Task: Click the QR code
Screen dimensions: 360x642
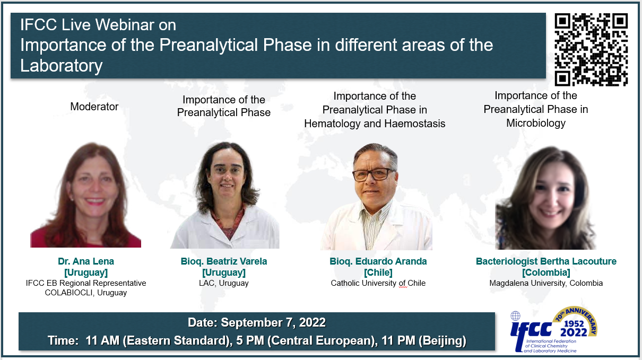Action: [x=591, y=49]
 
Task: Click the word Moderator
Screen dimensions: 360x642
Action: [x=94, y=107]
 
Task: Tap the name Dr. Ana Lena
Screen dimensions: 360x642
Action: [x=86, y=261]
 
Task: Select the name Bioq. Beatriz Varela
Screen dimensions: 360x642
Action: [x=224, y=261]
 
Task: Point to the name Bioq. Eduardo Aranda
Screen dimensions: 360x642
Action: [x=378, y=261]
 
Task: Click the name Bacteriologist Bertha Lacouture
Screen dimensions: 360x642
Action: [x=546, y=261]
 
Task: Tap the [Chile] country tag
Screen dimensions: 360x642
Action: [x=378, y=273]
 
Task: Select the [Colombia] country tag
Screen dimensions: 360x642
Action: [x=546, y=273]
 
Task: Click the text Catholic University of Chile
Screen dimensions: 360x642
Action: [x=378, y=283]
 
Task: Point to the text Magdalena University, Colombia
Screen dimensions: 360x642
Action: [x=546, y=283]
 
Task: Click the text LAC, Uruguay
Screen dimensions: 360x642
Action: [x=224, y=283]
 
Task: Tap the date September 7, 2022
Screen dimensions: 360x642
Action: [x=273, y=322]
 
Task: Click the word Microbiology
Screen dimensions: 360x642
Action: [x=536, y=123]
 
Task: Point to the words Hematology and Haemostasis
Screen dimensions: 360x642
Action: [x=375, y=124]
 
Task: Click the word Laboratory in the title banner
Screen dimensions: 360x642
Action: [x=62, y=66]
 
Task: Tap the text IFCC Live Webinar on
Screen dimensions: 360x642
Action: [x=98, y=25]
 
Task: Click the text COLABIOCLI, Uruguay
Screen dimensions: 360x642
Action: [x=86, y=293]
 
